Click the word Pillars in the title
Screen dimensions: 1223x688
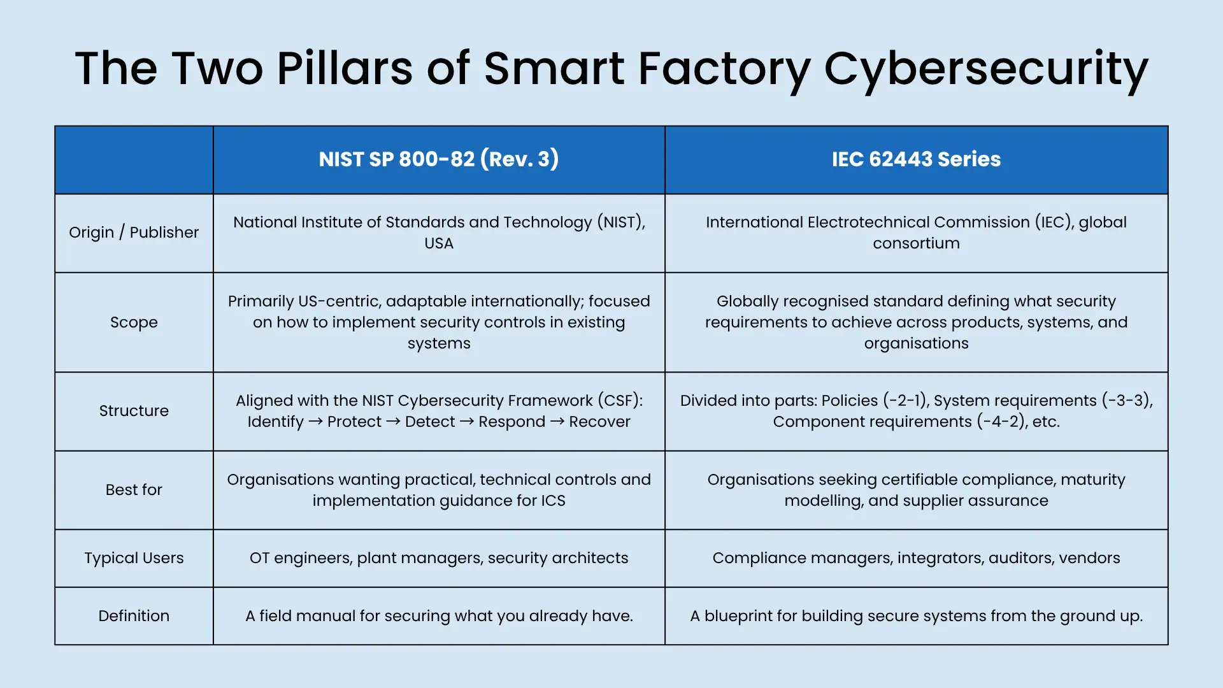pyautogui.click(x=345, y=68)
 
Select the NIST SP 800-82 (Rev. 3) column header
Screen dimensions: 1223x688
pyautogui.click(x=439, y=159)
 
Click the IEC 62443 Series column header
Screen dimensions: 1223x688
pyautogui.click(x=916, y=159)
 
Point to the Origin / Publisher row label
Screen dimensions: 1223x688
pyautogui.click(x=134, y=233)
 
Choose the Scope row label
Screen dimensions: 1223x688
pyautogui.click(x=134, y=322)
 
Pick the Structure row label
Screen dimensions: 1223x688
pyautogui.click(x=134, y=411)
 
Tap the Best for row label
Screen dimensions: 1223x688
pyautogui.click(x=134, y=490)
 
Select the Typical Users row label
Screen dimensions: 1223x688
pyautogui.click(x=134, y=558)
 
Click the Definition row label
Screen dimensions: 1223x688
pyautogui.click(x=134, y=616)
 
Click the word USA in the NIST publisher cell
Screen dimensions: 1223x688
pyautogui.click(x=439, y=243)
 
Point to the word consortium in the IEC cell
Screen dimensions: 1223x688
pyautogui.click(x=916, y=243)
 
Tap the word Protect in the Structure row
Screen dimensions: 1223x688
pyautogui.click(x=354, y=422)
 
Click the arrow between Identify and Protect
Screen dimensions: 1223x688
pyautogui.click(x=315, y=422)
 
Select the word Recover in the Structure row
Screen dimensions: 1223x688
pyautogui.click(x=599, y=422)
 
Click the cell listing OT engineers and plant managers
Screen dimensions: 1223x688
pyautogui.click(x=439, y=558)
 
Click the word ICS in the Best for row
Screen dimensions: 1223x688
pyautogui.click(x=553, y=501)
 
